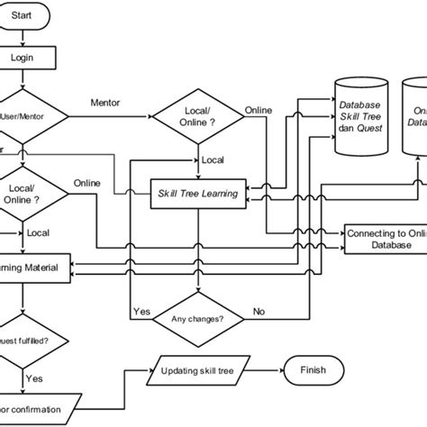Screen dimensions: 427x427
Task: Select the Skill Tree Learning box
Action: [x=199, y=192]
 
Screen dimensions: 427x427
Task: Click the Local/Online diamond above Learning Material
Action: [x=27, y=193]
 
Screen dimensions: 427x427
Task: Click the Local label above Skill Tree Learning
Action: [x=213, y=160]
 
